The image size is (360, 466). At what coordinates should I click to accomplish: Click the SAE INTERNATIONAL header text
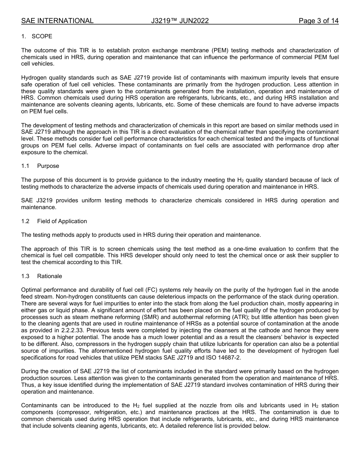pyautogui.click(x=57, y=21)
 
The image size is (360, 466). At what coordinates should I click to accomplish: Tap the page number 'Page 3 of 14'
pyautogui.click(x=318, y=21)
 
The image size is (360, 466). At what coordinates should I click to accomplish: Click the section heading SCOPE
pyautogui.click(x=42, y=36)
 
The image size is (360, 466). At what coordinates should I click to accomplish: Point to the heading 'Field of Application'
pyautogui.click(x=62, y=221)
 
